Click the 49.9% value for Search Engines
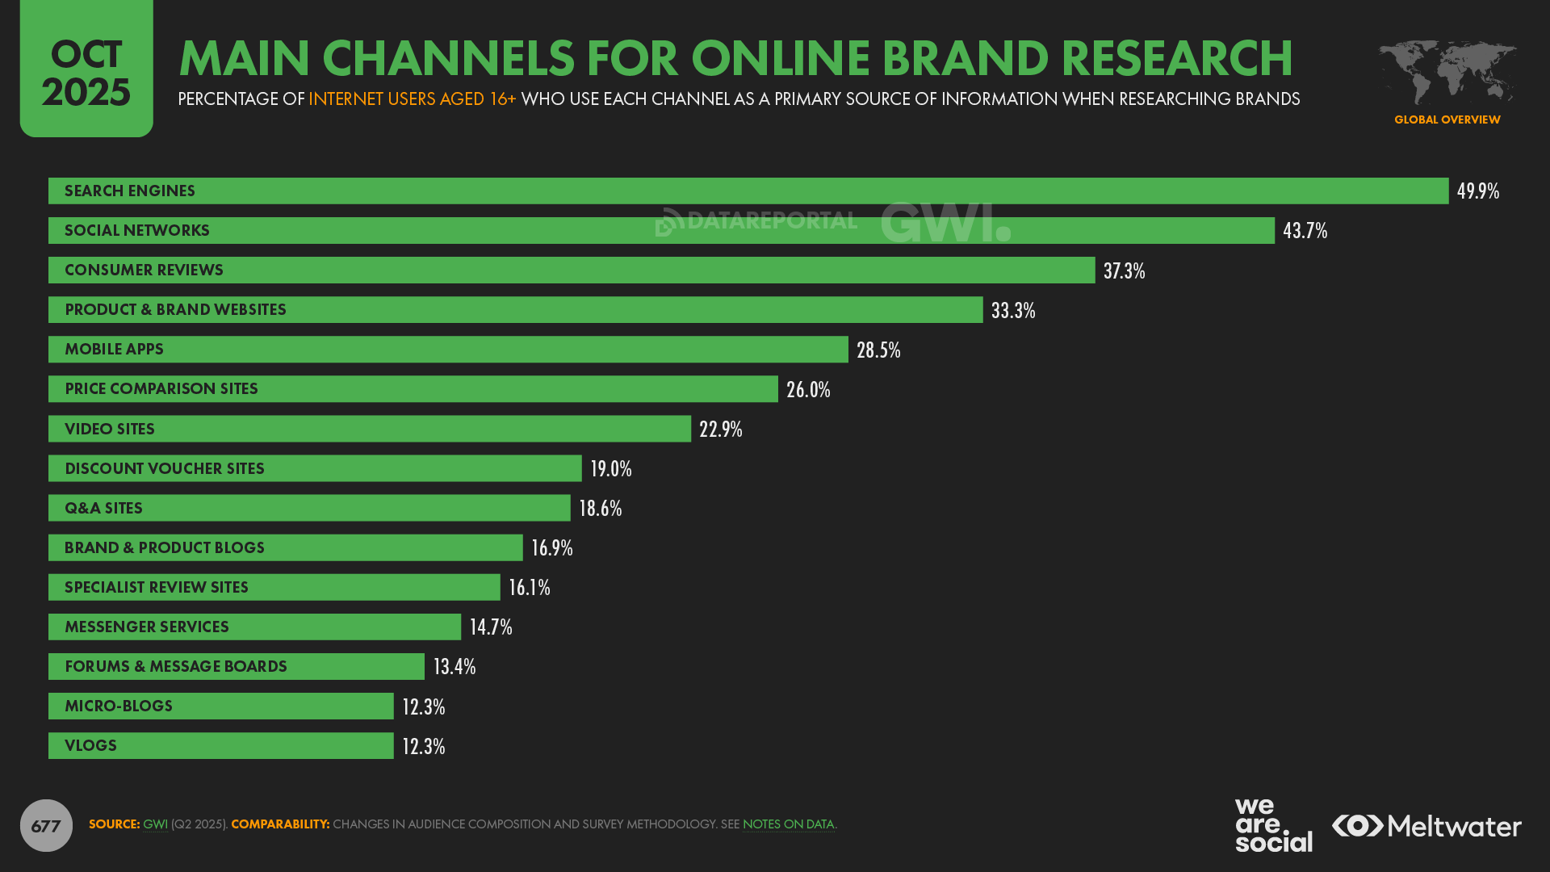1477,191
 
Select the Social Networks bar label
137,231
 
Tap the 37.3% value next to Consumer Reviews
1124,270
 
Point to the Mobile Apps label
114,350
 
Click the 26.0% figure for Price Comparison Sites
808,390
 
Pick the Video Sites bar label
110,430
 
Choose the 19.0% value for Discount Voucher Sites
610,469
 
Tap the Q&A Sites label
103,509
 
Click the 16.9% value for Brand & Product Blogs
551,548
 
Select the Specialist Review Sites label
157,588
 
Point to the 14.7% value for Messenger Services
490,627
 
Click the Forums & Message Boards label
176,667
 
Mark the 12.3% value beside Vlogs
423,746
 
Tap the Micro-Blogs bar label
119,706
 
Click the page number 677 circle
46,825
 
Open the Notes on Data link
788,824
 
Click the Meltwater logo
1426,826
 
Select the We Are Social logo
1273,825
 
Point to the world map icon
1447,73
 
